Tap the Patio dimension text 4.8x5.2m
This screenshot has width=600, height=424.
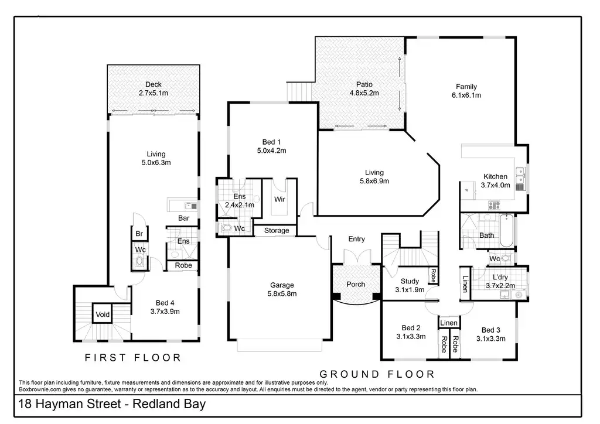tap(364, 93)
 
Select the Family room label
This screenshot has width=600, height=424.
tap(466, 87)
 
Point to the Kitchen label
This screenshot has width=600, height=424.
tap(495, 177)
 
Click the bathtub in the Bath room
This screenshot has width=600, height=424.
tap(507, 230)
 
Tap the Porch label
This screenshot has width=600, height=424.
tap(356, 285)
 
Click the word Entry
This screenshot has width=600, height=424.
tap(356, 239)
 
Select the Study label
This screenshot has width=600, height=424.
tap(410, 281)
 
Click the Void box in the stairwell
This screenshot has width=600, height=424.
tap(103, 315)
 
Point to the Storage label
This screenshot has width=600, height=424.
tap(277, 231)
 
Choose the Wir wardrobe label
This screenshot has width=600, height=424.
tap(279, 199)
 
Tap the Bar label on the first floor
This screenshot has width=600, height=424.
tap(184, 218)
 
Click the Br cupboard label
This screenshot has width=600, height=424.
tap(139, 234)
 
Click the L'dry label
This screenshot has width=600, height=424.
tap(500, 277)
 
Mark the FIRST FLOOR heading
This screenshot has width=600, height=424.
tap(133, 357)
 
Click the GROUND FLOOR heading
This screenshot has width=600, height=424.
tap(377, 374)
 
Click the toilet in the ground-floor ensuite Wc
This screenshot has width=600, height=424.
tap(227, 228)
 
